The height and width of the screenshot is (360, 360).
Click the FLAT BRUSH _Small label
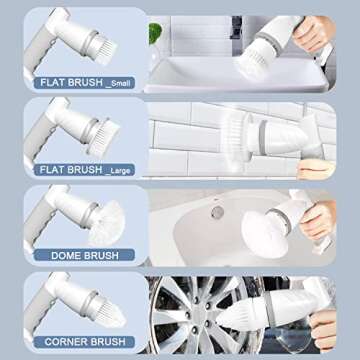click(84, 83)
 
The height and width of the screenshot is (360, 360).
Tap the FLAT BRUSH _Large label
click(84, 170)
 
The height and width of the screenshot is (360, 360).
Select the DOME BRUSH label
click(84, 256)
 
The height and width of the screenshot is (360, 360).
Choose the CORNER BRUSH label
click(84, 342)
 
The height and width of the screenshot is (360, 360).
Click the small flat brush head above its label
click(104, 50)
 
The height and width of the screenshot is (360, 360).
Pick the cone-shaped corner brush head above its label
click(109, 312)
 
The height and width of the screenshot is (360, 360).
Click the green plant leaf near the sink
click(155, 33)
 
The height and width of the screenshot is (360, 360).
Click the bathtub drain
click(217, 212)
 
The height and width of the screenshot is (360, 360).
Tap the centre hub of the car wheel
click(197, 314)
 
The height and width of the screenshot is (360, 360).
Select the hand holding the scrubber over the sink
click(313, 34)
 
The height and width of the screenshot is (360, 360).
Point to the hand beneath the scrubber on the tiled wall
click(316, 169)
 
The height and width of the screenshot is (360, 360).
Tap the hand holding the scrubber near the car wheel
click(323, 330)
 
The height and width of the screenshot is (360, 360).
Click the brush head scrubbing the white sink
click(252, 63)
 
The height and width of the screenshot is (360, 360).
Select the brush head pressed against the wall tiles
click(237, 138)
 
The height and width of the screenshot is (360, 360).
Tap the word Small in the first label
click(119, 84)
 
